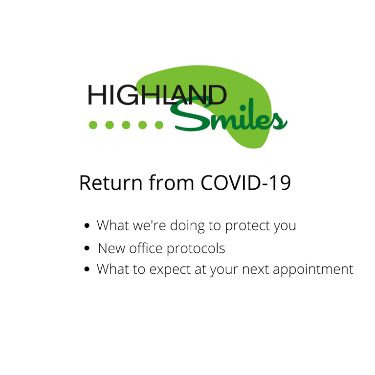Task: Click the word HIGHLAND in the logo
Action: tap(157, 95)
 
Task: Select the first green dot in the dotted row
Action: tap(93, 125)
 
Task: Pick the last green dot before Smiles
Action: tap(159, 125)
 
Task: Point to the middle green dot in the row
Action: tap(126, 125)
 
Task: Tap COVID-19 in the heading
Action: tap(245, 183)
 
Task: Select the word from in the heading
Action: tap(171, 182)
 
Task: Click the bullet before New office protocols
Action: tap(87, 248)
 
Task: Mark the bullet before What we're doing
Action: tap(87, 225)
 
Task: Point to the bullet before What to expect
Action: tap(87, 269)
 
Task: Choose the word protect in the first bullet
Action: tap(247, 226)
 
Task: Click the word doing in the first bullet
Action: tap(187, 226)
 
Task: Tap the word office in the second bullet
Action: tap(146, 248)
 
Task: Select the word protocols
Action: tap(196, 249)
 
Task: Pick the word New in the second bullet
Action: tap(111, 248)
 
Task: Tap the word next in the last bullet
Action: tap(256, 269)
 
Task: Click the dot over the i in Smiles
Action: tap(243, 108)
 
